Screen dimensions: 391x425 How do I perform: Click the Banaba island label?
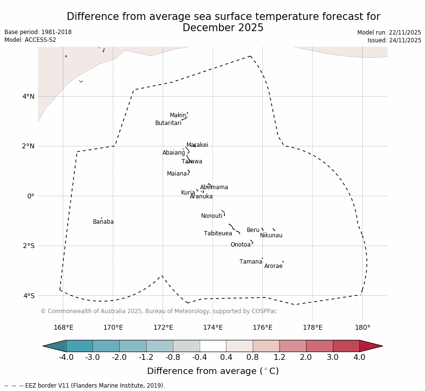click(x=103, y=222)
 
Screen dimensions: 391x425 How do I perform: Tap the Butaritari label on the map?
click(x=168, y=124)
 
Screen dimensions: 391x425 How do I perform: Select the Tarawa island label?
click(x=192, y=162)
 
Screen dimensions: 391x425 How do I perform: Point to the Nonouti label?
click(x=212, y=216)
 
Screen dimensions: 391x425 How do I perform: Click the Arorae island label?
click(x=273, y=267)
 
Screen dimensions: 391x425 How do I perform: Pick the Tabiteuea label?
click(x=218, y=234)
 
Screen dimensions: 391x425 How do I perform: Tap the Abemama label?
click(x=214, y=188)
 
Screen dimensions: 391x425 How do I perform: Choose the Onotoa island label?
click(x=240, y=245)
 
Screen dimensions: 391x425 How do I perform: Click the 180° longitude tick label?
click(x=362, y=328)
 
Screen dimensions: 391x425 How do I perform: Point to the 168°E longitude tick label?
click(x=63, y=328)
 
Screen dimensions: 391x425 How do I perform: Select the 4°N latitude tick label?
click(x=28, y=96)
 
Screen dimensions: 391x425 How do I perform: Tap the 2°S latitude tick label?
click(x=28, y=246)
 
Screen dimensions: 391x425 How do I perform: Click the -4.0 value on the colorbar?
click(x=66, y=357)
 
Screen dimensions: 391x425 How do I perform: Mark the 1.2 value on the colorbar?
click(x=279, y=357)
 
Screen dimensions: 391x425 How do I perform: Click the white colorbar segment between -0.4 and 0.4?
click(x=213, y=346)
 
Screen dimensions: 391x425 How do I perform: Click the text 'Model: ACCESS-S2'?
click(x=30, y=40)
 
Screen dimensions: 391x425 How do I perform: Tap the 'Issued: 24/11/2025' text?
click(x=394, y=40)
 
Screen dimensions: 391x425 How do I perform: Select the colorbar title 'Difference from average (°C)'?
click(x=213, y=372)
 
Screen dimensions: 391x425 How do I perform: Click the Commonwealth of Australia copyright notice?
click(x=158, y=311)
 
